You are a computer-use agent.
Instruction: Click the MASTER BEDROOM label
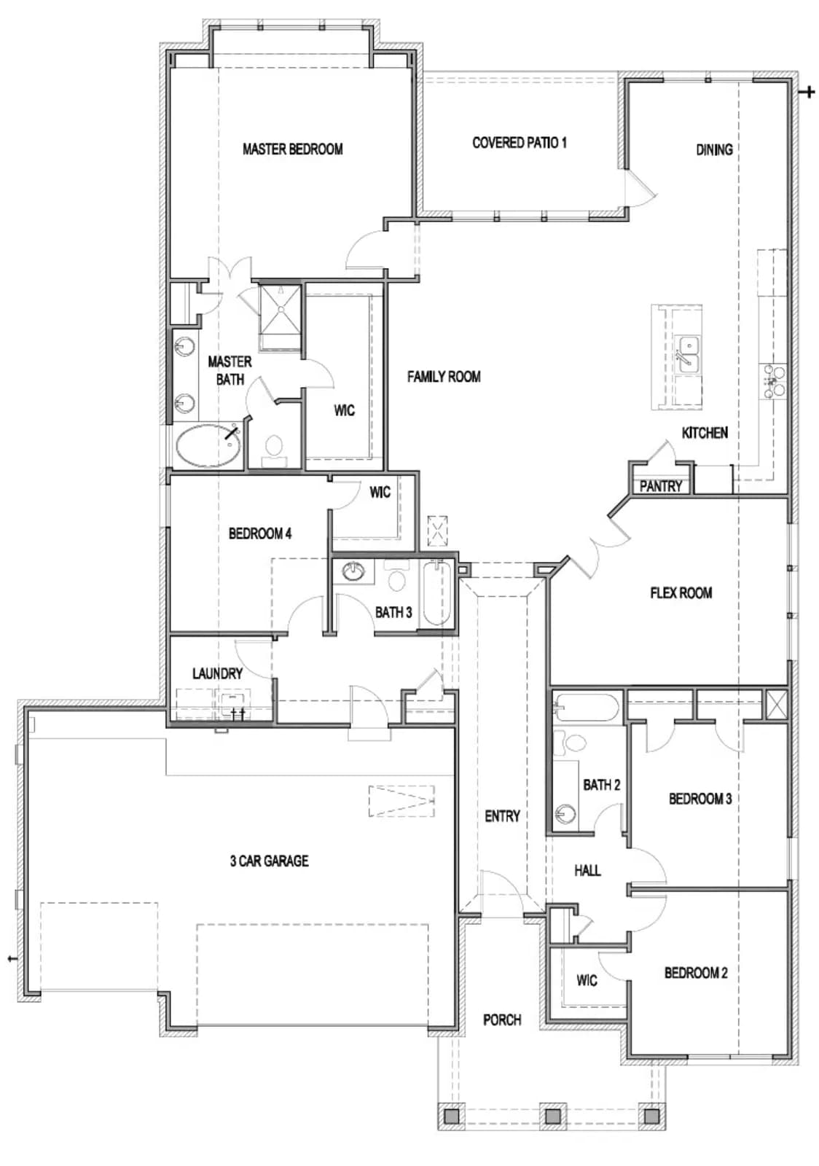(x=292, y=149)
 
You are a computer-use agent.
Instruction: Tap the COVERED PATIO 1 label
(x=520, y=143)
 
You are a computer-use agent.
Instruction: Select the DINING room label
(x=714, y=150)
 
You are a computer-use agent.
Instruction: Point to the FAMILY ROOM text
(x=444, y=376)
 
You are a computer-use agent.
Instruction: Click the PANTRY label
(x=660, y=486)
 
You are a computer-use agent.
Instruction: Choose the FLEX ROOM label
(x=681, y=592)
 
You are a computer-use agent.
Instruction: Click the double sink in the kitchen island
(x=689, y=354)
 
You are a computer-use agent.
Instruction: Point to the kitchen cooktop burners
(x=774, y=381)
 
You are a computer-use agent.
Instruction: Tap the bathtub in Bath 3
(x=436, y=593)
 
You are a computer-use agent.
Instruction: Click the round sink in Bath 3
(x=354, y=571)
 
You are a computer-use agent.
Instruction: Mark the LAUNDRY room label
(x=217, y=673)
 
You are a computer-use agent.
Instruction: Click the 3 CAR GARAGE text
(x=270, y=861)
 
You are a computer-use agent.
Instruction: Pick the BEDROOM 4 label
(x=260, y=533)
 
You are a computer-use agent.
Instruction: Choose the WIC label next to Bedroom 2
(x=587, y=981)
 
